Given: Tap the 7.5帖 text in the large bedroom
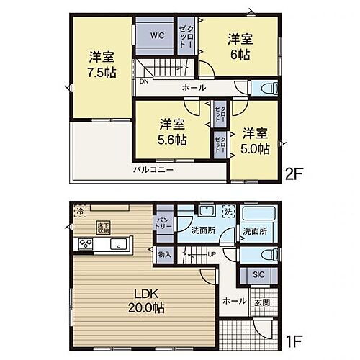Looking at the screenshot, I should click(x=99, y=72).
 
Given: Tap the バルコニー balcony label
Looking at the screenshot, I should click(x=152, y=171).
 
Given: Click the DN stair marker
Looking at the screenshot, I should click(x=144, y=81).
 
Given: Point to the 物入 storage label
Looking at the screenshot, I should click(x=163, y=254).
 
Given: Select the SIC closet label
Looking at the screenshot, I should click(x=258, y=275).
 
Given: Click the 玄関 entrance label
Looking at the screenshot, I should click(x=264, y=302).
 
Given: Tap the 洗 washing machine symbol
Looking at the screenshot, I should click(x=229, y=213).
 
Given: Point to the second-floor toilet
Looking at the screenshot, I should click(x=270, y=89).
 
